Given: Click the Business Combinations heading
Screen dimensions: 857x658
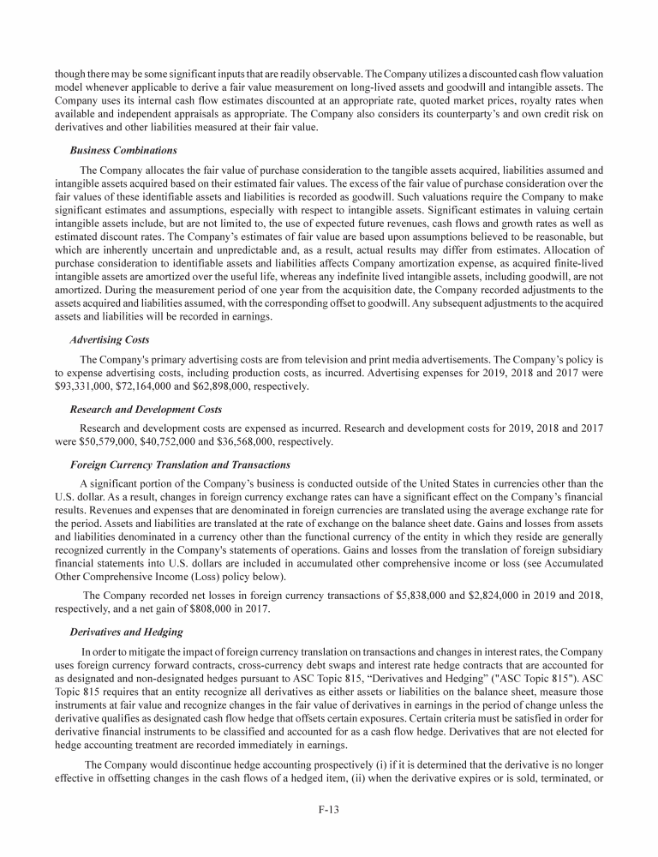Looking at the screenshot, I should [x=123, y=148].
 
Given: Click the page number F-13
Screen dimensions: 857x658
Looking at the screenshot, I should [x=329, y=806].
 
